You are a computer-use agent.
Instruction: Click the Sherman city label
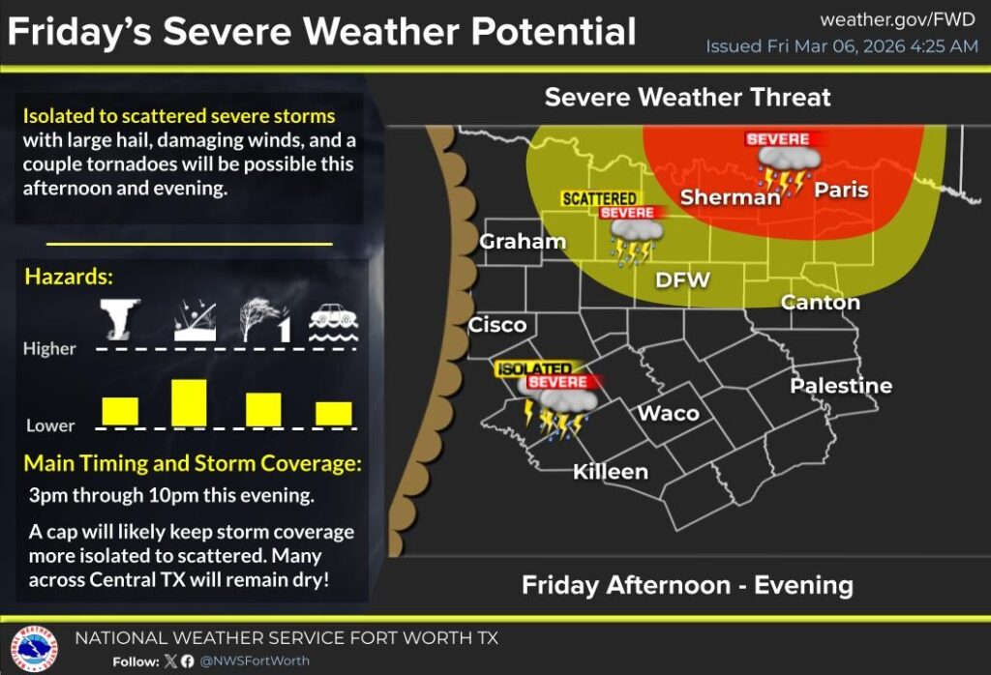point(730,197)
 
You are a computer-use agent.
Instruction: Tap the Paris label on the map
point(840,190)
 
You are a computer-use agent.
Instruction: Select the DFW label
point(682,280)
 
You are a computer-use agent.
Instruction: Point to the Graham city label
point(523,242)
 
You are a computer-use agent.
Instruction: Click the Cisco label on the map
point(497,325)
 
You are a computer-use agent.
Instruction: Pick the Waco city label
point(668,413)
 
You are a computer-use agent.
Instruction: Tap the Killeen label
point(610,471)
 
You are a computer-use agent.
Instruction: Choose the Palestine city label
point(840,386)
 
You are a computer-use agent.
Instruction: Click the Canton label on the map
point(820,303)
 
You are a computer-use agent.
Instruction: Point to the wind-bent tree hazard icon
point(263,319)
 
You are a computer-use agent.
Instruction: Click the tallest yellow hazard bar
point(189,402)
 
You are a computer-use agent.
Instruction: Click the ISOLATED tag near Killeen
point(533,368)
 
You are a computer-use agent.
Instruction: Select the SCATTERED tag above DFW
point(599,198)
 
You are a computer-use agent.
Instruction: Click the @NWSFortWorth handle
point(254,661)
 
